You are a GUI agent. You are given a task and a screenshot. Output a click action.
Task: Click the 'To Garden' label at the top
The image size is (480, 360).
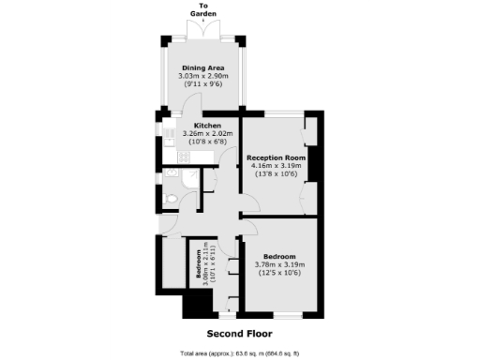pos(202,10)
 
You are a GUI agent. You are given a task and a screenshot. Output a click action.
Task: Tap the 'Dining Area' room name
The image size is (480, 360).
pos(202,67)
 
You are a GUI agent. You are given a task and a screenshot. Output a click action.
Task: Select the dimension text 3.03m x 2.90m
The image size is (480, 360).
pos(202,75)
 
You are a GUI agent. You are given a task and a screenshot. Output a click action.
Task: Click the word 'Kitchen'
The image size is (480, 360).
pos(207,126)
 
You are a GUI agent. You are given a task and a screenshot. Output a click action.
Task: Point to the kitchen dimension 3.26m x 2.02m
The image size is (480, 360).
pos(207,133)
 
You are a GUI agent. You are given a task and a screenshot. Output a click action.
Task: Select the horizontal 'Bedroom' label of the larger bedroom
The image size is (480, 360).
pos(279,257)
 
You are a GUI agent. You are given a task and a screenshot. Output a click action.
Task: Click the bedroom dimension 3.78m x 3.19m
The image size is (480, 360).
pos(279,264)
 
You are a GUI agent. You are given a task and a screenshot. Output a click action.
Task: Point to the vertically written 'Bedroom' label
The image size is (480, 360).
pos(199,264)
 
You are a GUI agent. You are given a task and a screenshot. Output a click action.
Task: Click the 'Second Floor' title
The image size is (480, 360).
pos(239,333)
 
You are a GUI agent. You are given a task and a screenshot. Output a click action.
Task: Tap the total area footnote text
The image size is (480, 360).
pos(239,352)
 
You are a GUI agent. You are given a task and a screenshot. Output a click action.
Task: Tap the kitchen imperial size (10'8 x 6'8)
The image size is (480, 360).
pos(207,141)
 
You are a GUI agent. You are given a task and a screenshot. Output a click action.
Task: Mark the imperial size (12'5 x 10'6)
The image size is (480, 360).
pos(279,272)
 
